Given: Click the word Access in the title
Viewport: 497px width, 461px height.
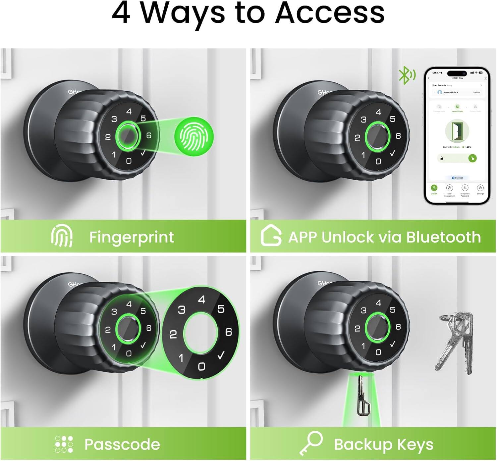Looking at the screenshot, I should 330,13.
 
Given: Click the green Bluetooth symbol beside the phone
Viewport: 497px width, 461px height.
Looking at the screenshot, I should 406,75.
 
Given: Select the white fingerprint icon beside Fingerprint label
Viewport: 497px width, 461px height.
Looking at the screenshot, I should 62,236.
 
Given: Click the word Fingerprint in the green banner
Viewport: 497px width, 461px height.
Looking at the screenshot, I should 132,237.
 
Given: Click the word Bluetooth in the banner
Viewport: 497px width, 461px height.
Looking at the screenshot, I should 443,237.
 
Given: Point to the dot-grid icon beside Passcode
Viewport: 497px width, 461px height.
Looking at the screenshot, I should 64,444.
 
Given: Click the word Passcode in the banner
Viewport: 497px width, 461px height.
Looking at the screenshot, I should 122,444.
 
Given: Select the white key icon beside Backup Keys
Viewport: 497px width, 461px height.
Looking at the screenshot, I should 311,443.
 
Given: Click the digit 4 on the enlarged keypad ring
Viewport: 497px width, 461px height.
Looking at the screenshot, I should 201,300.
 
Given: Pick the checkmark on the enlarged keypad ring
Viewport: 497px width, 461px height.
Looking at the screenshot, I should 221,356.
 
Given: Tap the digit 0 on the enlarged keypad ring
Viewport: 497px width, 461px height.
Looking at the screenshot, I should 201,366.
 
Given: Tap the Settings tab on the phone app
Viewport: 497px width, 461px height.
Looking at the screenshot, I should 480,189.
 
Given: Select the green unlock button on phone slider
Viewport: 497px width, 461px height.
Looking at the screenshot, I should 472,158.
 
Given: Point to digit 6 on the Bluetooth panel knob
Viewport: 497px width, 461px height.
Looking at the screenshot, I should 398,136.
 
